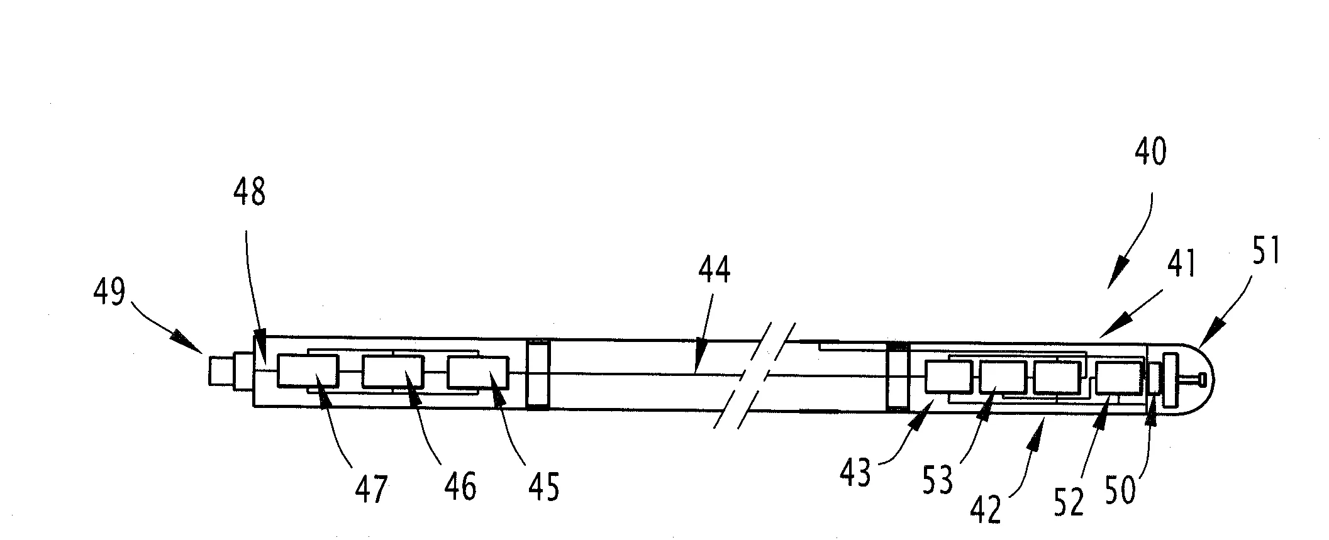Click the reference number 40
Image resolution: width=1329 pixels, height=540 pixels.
[x=1150, y=152]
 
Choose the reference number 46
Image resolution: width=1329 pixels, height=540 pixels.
[x=459, y=485]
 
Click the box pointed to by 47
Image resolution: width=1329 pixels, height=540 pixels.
[x=308, y=371]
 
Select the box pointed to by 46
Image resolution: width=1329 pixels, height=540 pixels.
[x=393, y=371]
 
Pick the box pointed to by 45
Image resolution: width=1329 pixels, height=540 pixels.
[x=478, y=372]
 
